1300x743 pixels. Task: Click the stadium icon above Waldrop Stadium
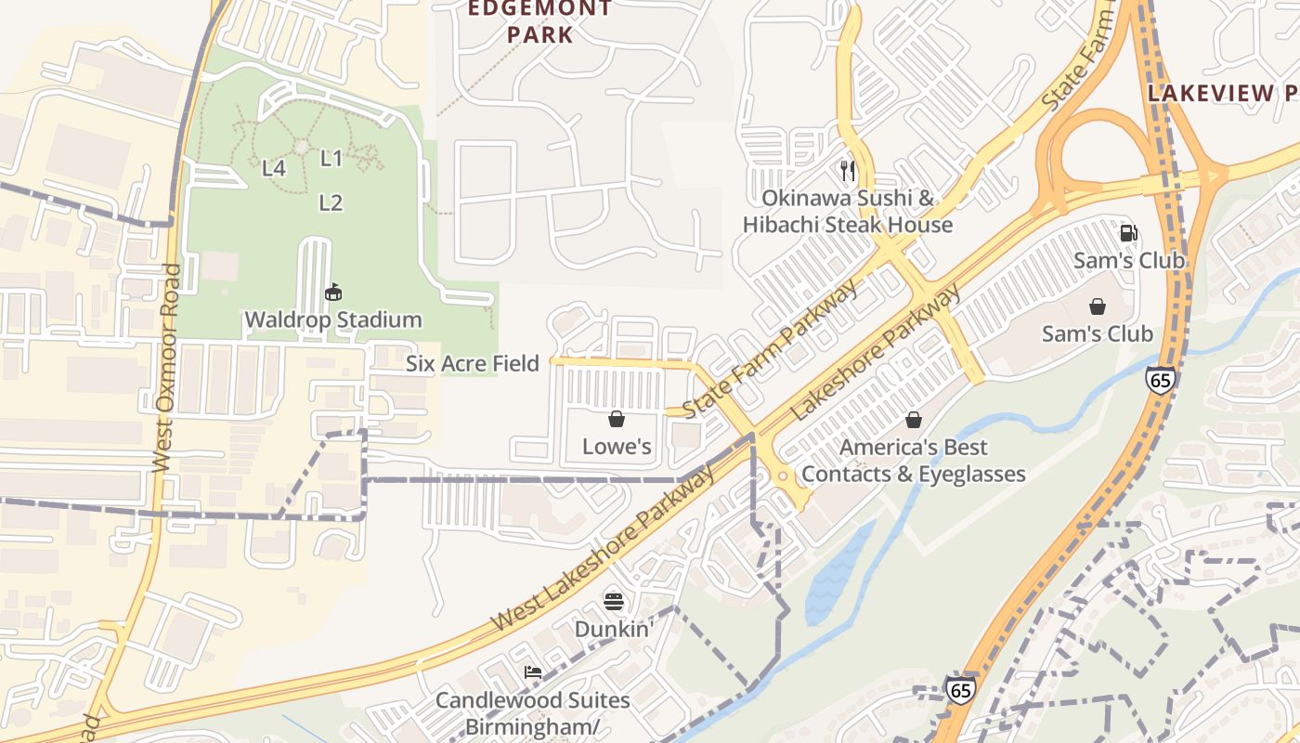[x=332, y=293]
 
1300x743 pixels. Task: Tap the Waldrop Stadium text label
[x=332, y=319]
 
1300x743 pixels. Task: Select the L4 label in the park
[x=273, y=168]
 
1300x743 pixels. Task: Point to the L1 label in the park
[x=331, y=159]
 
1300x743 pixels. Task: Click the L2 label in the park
[x=331, y=202]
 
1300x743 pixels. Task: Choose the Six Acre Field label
[x=472, y=363]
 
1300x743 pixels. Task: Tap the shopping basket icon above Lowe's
[x=616, y=420]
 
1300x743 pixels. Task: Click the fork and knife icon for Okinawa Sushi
[x=847, y=170]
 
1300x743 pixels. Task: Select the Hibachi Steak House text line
[x=847, y=225]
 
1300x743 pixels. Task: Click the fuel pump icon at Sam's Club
[x=1128, y=233]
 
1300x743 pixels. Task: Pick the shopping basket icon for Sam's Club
[x=1097, y=306]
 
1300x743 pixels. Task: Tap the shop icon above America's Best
[x=913, y=420]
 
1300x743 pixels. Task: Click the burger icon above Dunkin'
[x=613, y=601]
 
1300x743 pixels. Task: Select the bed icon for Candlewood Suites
[x=532, y=671]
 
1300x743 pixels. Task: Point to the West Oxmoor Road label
[x=164, y=367]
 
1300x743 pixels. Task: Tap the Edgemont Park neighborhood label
[x=539, y=22]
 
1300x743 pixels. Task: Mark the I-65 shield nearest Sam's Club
[x=1160, y=379]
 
